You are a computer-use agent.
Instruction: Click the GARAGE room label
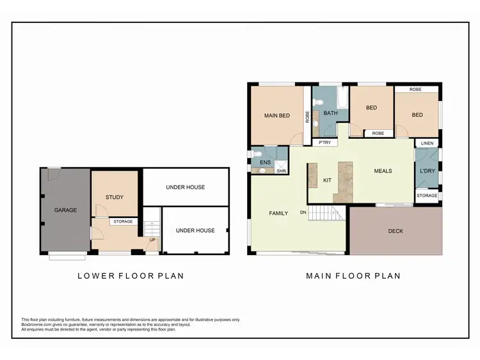pyautogui.click(x=65, y=210)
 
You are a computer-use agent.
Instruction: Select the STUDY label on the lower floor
pyautogui.click(x=115, y=198)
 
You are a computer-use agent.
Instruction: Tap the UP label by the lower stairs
pyautogui.click(x=152, y=240)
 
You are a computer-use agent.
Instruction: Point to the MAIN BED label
pyautogui.click(x=277, y=116)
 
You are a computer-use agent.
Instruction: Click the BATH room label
pyautogui.click(x=330, y=113)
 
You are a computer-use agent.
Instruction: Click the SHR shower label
pyautogui.click(x=281, y=171)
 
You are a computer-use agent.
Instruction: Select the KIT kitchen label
pyautogui.click(x=326, y=180)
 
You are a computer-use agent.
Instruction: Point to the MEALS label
pyautogui.click(x=383, y=171)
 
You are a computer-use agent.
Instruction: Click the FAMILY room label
pyautogui.click(x=278, y=213)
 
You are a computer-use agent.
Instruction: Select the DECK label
pyautogui.click(x=396, y=231)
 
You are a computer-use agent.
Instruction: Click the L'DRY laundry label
pyautogui.click(x=427, y=171)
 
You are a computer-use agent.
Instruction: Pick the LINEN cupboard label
pyautogui.click(x=427, y=143)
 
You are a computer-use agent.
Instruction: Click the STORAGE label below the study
pyautogui.click(x=123, y=222)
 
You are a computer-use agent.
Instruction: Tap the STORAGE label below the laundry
pyautogui.click(x=427, y=196)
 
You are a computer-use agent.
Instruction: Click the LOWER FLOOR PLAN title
pyautogui.click(x=131, y=276)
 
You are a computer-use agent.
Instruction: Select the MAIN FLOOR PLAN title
pyautogui.click(x=353, y=276)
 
